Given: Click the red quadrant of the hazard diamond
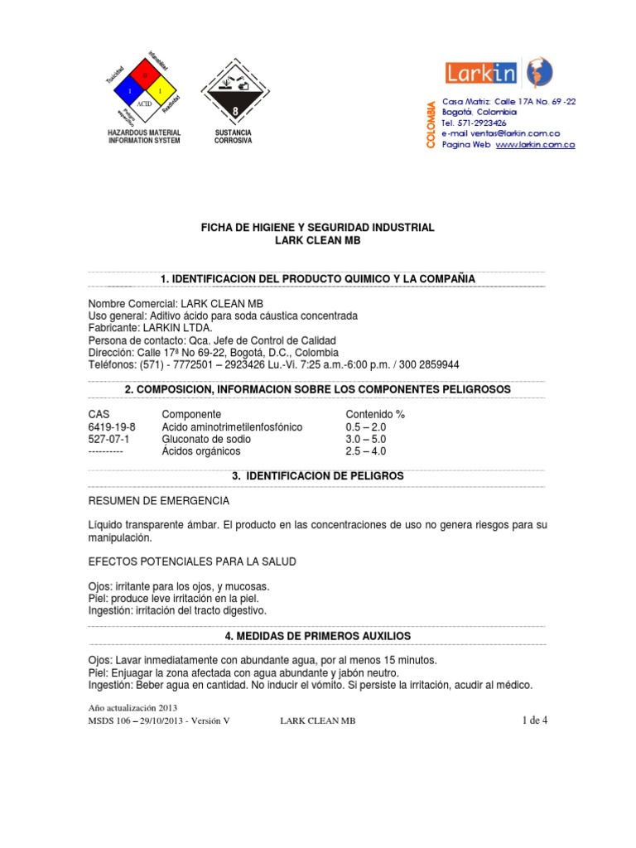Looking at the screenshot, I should (144, 75).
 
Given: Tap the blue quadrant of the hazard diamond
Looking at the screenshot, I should (129, 89).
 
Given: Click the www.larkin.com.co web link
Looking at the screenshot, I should (535, 144).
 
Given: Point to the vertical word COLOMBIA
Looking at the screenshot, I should (430, 125).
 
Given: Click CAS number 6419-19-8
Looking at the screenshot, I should (112, 426).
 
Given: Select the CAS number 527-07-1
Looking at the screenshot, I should (106, 439).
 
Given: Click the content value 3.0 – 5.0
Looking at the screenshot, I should (365, 439).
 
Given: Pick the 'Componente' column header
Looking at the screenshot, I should (191, 414).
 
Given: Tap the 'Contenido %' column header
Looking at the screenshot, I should (374, 414).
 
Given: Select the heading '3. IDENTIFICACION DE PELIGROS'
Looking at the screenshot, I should (317, 476).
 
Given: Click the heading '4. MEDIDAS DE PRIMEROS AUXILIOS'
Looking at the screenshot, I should (317, 635).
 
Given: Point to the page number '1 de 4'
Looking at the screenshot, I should (534, 720).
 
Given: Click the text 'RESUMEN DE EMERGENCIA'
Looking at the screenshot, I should (159, 502).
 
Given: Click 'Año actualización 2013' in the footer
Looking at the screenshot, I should (132, 707).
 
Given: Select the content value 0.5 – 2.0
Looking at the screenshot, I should (365, 426).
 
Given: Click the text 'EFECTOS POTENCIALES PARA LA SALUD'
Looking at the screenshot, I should (191, 561).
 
